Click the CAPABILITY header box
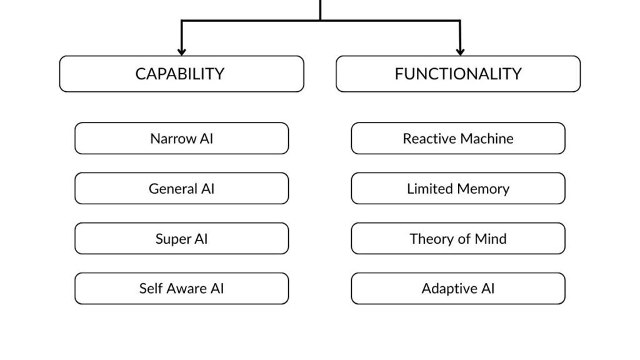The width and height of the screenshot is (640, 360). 181,74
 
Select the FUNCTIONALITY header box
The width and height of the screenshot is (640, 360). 457,74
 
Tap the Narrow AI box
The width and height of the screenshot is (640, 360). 181,138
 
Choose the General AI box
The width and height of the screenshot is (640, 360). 181,188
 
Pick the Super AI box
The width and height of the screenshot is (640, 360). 181,238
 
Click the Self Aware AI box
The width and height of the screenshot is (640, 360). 181,288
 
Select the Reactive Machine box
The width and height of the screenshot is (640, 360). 457,138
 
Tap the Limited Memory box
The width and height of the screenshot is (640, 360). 457,188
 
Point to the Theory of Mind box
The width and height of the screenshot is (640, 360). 457,238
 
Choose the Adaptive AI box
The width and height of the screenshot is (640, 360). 457,288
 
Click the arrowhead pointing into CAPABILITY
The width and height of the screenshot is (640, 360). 181,51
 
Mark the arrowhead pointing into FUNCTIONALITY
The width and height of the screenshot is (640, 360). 460,51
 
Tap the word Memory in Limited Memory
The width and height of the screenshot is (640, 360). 482,189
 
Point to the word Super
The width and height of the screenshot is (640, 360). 172,239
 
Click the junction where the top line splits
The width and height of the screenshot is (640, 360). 321,21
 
